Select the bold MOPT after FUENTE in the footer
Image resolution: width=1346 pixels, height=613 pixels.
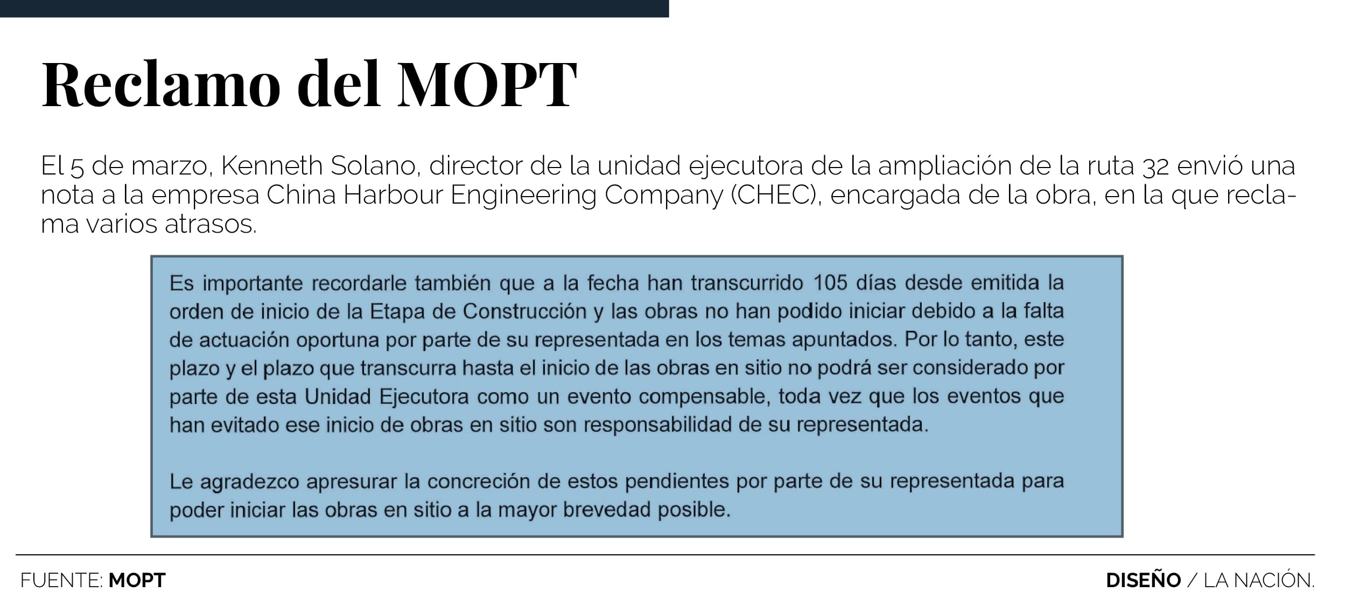[x=137, y=580]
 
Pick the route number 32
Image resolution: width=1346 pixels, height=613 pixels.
[x=1155, y=166]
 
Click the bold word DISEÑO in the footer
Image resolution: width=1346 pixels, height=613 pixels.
[x=1143, y=580]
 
